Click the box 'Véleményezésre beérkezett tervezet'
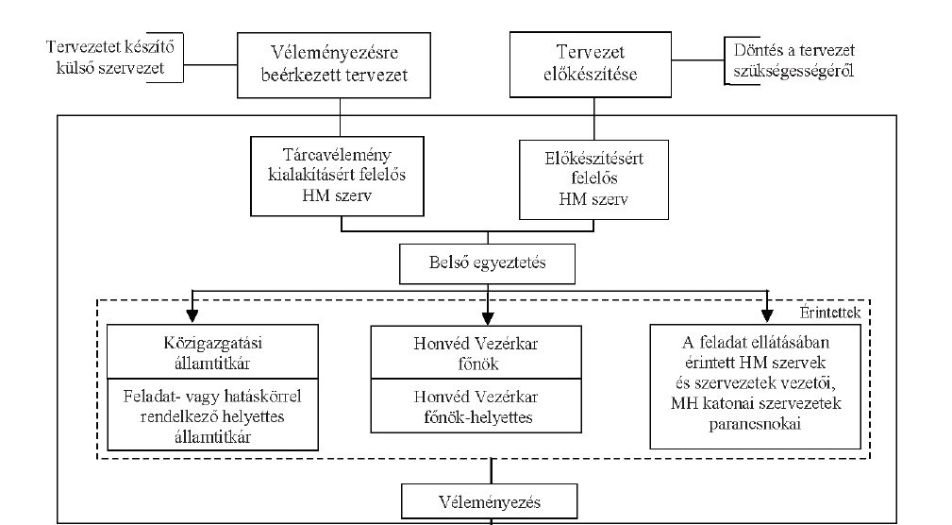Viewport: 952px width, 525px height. (x=333, y=65)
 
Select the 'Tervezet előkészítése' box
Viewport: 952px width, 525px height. (x=590, y=64)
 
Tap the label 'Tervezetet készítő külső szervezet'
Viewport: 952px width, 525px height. (x=109, y=57)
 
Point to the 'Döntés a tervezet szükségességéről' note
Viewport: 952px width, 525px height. (x=793, y=60)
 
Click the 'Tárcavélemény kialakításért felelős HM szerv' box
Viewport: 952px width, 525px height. (x=337, y=177)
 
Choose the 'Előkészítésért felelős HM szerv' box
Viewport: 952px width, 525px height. (x=593, y=179)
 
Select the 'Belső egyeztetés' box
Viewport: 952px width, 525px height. (x=487, y=263)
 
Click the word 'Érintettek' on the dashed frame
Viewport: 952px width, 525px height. (x=830, y=313)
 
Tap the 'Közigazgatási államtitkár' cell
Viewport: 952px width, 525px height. (x=212, y=352)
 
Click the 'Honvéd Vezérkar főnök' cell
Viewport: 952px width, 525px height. (x=476, y=352)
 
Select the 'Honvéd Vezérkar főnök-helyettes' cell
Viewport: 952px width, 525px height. (x=476, y=407)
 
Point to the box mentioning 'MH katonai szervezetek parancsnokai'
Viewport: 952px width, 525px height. (x=756, y=386)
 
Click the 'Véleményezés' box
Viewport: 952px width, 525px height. (x=490, y=502)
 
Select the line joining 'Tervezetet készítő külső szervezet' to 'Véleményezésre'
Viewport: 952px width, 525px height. (x=210, y=64)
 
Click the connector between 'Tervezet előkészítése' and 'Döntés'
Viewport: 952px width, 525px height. (x=698, y=60)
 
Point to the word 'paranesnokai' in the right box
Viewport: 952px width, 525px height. (x=755, y=424)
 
